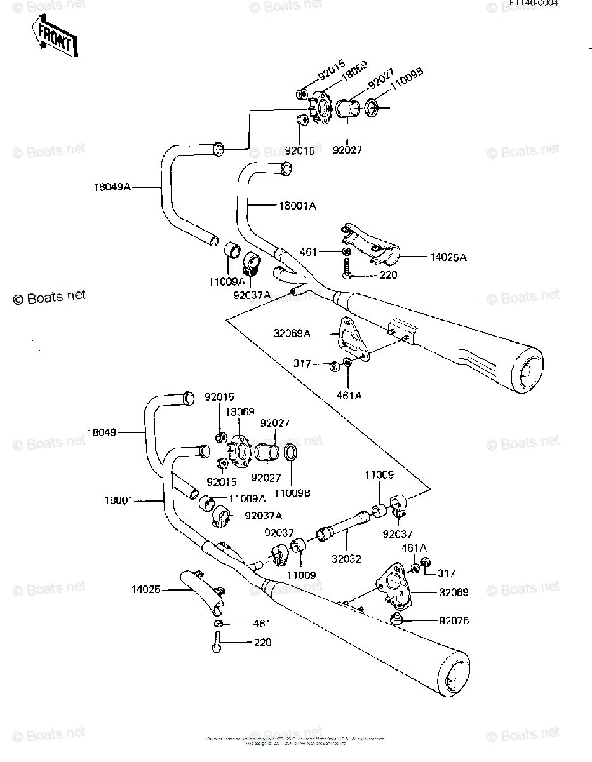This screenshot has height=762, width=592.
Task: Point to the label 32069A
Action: point(292,332)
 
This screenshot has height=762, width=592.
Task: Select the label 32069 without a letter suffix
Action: point(454,592)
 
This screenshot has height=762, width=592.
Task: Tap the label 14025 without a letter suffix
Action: point(147,590)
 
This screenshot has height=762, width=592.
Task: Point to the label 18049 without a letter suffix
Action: point(102,433)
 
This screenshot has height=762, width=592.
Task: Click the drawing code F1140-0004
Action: point(533,4)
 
